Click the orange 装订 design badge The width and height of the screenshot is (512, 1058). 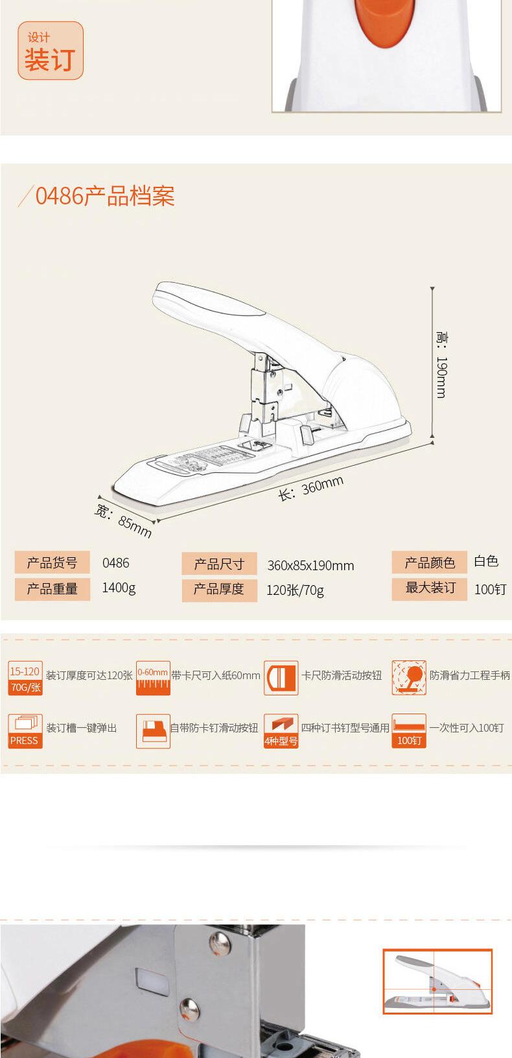coord(51,51)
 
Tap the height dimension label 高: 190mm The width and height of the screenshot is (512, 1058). coord(441,365)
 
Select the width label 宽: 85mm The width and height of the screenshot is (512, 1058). coord(123,521)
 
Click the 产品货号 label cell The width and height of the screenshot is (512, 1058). coord(52,562)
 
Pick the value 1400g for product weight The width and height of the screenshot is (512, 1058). coord(119,588)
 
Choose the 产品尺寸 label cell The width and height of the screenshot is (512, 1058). coord(219,564)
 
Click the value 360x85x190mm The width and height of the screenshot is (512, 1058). coord(310,565)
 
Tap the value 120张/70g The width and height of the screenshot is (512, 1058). coord(295,590)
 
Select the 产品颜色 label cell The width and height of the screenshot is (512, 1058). coord(430,562)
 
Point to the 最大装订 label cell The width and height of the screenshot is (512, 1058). coord(430,588)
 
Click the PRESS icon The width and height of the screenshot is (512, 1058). coord(25,731)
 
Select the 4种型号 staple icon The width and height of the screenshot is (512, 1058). coord(281,731)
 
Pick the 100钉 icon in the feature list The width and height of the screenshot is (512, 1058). coord(408,731)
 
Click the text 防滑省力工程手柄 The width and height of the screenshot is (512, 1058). coord(470,675)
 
